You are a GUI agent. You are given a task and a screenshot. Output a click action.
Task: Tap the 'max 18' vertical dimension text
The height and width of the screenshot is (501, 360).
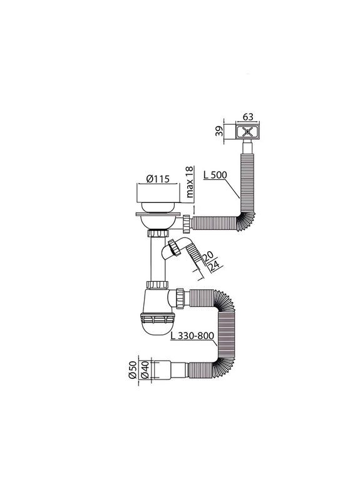coord(188,182)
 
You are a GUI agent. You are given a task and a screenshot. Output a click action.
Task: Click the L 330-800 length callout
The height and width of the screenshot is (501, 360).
coord(192,337)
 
